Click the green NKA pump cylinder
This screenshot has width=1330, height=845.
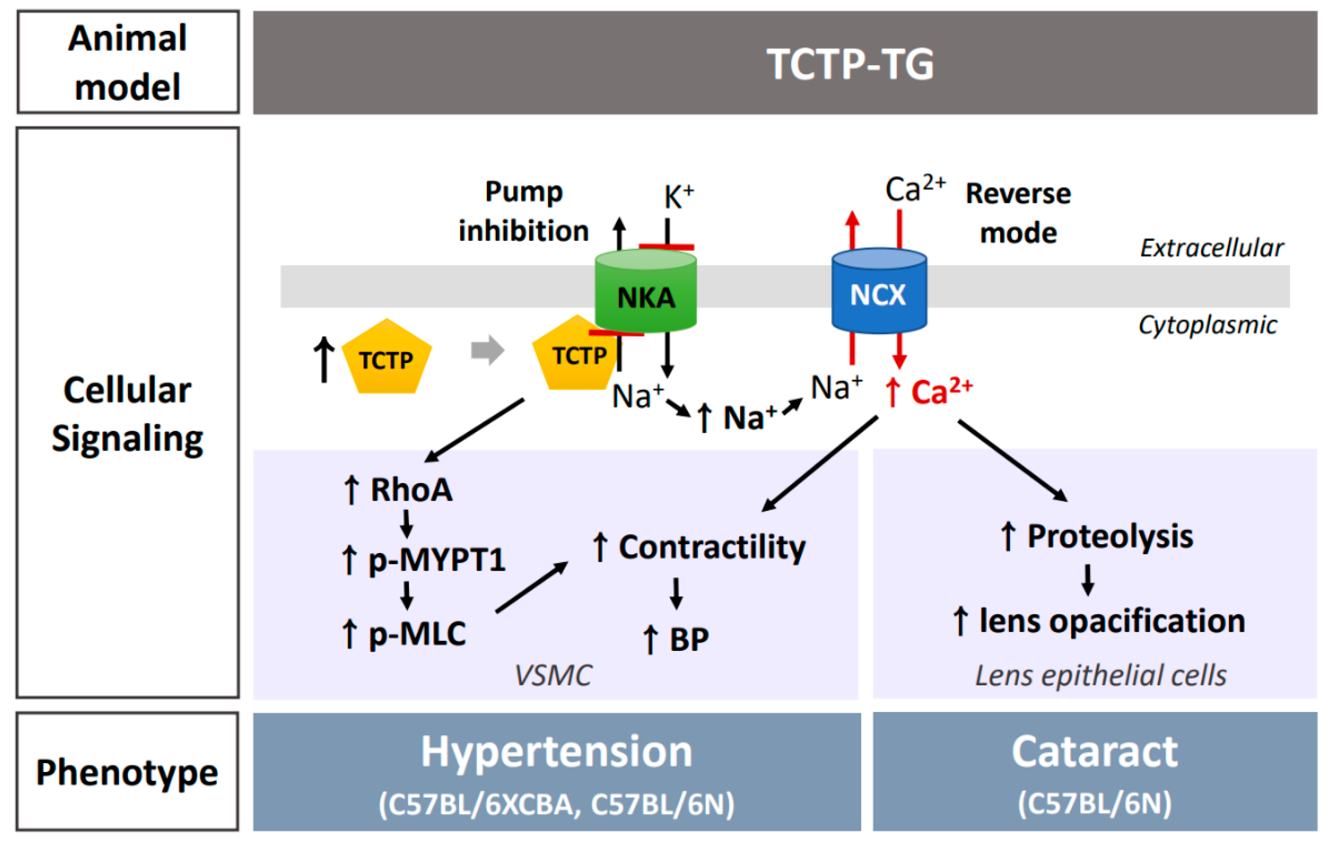[x=646, y=291]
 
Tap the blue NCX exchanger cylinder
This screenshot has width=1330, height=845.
[x=879, y=291]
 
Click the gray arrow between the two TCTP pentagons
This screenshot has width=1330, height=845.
[x=488, y=350]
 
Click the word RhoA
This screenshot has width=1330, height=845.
[x=412, y=490]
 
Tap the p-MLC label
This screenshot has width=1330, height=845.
[x=417, y=634]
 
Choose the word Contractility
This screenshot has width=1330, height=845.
[x=712, y=548]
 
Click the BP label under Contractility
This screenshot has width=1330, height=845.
[x=689, y=639]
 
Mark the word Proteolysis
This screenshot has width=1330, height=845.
[x=1110, y=537]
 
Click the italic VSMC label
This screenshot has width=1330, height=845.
[x=553, y=676]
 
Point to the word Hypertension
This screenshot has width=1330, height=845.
[x=557, y=753]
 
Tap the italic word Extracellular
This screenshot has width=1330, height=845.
[x=1212, y=248]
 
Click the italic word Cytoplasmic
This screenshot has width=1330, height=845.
[x=1208, y=325]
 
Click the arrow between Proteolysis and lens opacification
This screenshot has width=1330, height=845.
[x=1088, y=580]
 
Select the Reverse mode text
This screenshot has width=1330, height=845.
[x=1019, y=213]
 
